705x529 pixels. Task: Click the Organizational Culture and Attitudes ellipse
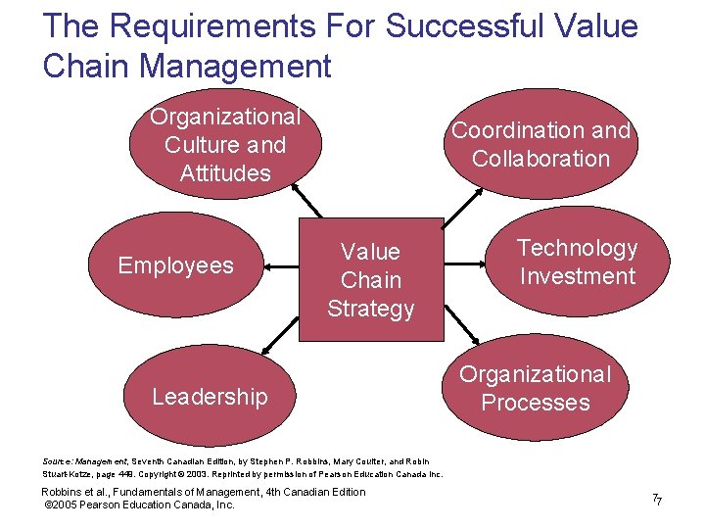[225, 146]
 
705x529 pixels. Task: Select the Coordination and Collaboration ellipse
[540, 144]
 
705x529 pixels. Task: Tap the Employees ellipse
[176, 265]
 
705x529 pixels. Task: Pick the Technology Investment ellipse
[578, 263]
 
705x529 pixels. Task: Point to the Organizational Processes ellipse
[536, 389]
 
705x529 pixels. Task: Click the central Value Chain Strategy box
[370, 280]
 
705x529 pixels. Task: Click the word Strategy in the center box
[370, 309]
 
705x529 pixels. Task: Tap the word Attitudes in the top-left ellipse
[225, 173]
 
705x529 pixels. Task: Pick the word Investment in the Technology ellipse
[578, 276]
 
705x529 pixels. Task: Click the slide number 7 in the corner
[657, 501]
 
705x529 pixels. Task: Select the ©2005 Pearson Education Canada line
[140, 505]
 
